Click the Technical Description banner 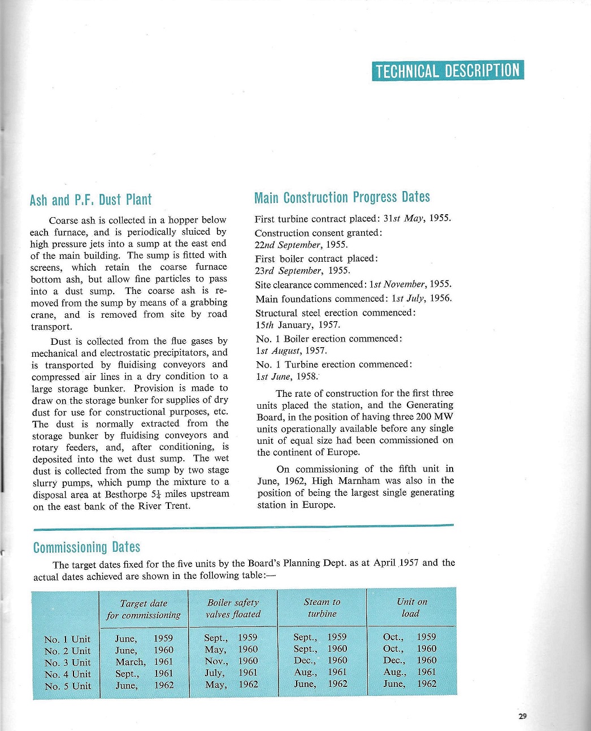(x=447, y=71)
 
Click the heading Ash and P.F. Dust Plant (x=90, y=200)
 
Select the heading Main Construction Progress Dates (x=342, y=197)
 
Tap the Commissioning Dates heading (x=86, y=547)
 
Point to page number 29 (x=522, y=716)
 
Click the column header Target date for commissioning (x=144, y=609)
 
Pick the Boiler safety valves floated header (x=233, y=608)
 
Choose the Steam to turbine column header (x=322, y=608)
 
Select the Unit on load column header (x=411, y=608)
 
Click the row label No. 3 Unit (x=67, y=663)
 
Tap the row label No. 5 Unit (x=67, y=686)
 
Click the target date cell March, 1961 (x=144, y=662)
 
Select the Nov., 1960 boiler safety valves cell (x=231, y=661)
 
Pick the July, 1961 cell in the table (x=231, y=673)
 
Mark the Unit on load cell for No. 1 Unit (x=410, y=637)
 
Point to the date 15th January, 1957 (x=297, y=325)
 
